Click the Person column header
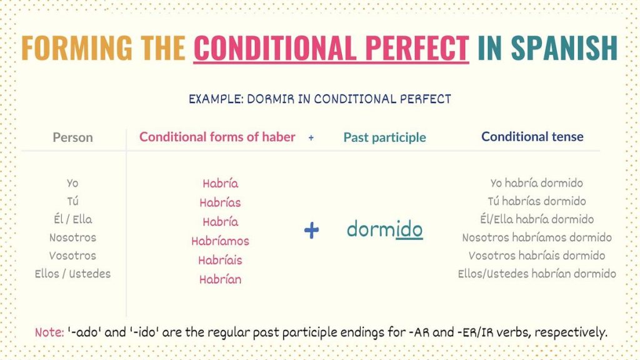pyautogui.click(x=73, y=137)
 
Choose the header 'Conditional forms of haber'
pyautogui.click(x=217, y=137)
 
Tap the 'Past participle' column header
pyautogui.click(x=384, y=137)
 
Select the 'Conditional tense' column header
pyautogui.click(x=532, y=136)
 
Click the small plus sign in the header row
pyautogui.click(x=311, y=137)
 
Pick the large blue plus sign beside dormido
pyautogui.click(x=311, y=230)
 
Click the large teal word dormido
pyautogui.click(x=384, y=229)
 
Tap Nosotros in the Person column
pyautogui.click(x=72, y=237)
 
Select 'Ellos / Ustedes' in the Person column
pyautogui.click(x=72, y=274)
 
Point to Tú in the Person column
pyautogui.click(x=72, y=201)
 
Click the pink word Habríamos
pyautogui.click(x=220, y=241)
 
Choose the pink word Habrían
pyautogui.click(x=220, y=280)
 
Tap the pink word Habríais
pyautogui.click(x=220, y=261)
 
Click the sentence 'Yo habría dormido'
pyautogui.click(x=536, y=183)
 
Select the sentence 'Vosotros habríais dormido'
pyautogui.click(x=536, y=256)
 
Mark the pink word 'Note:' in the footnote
pyautogui.click(x=49, y=332)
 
